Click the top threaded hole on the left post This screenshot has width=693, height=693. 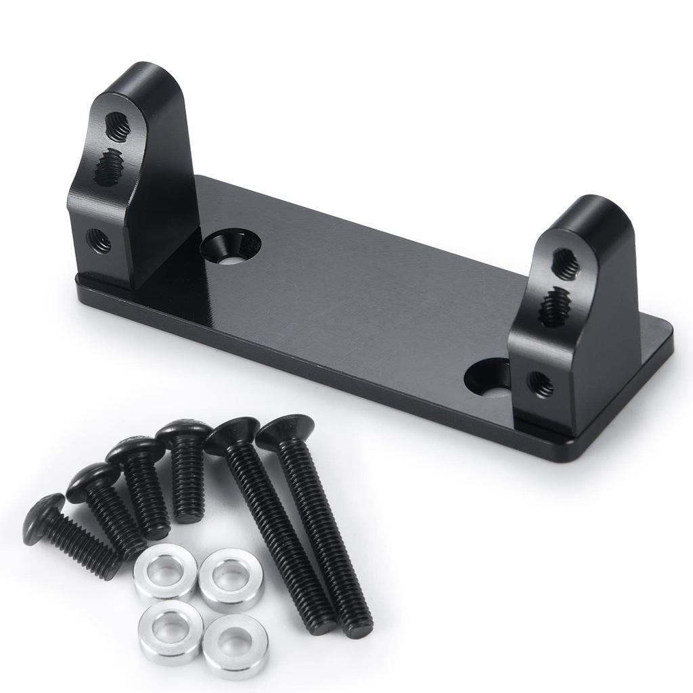(x=118, y=127)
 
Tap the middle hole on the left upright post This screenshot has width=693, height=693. (x=108, y=167)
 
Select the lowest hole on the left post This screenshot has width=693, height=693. (x=99, y=240)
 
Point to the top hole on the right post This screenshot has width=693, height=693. (x=565, y=264)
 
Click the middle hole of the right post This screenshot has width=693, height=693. (x=555, y=306)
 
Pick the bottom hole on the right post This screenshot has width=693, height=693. (x=540, y=384)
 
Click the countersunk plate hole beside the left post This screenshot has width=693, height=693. (x=231, y=245)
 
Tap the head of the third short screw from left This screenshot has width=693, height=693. (x=135, y=449)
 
